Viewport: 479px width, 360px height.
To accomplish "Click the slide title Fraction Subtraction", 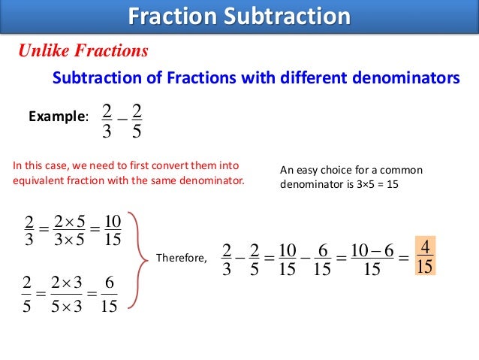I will click(239, 17).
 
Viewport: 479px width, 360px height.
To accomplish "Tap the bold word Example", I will click(57, 116).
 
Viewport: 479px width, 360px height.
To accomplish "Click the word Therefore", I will click(181, 258).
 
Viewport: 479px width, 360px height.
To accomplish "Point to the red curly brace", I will click(136, 259).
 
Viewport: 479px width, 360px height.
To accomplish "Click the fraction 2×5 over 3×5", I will click(68, 231).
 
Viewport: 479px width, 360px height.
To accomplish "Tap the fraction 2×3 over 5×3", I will click(68, 293).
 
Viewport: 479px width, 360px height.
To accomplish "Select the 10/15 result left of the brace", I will click(113, 231).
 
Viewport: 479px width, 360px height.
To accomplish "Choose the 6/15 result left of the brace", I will click(109, 293).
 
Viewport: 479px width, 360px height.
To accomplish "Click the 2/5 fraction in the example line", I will click(136, 122).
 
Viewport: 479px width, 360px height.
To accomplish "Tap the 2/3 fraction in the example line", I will click(106, 122).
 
